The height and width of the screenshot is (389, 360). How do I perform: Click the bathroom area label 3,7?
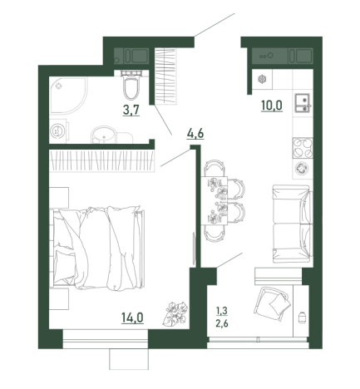131,111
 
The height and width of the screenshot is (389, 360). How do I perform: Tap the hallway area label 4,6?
195,134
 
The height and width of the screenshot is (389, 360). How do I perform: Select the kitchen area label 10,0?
272,106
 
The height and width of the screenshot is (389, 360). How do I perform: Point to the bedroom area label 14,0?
132,318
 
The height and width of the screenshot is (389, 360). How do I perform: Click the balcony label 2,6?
222,323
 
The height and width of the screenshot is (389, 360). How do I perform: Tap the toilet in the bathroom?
131,85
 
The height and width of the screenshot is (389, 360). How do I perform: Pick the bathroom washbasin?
104,135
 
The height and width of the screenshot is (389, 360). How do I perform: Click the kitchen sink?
303,103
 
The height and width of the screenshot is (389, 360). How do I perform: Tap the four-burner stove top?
303,148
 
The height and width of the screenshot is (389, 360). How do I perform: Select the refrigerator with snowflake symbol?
262,79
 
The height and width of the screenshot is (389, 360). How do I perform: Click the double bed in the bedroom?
97,248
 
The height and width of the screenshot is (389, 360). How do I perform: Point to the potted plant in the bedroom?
175,313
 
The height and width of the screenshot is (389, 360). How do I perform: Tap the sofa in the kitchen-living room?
293,224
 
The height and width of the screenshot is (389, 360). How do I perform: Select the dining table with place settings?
215,200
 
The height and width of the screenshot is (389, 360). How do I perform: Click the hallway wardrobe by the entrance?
165,76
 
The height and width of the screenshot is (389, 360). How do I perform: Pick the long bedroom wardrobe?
101,160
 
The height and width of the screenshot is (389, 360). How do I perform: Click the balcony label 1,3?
222,311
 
